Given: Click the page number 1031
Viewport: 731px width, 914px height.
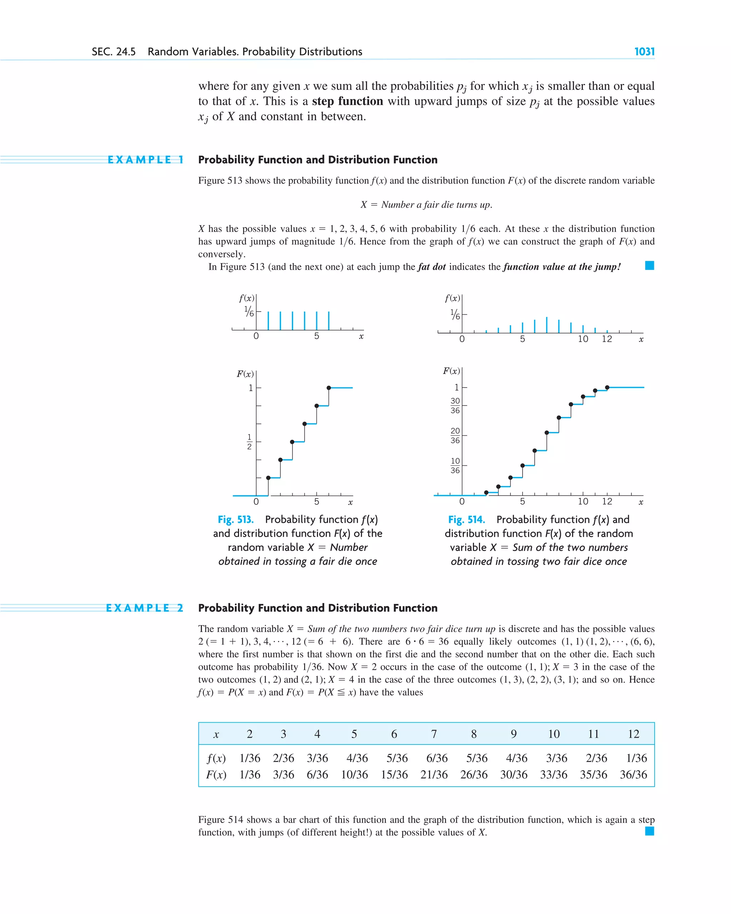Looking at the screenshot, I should click(644, 52).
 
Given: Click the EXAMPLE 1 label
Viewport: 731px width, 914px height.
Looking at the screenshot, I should click(145, 160).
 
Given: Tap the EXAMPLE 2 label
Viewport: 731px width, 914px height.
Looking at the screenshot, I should click(145, 608).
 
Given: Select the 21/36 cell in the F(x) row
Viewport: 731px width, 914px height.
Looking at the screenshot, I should click(434, 774).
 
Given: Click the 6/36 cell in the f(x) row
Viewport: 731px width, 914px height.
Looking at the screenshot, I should click(437, 758).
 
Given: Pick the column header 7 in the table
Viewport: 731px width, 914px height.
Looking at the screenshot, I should click(434, 734).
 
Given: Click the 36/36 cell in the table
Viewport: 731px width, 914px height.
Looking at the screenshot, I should click(633, 774).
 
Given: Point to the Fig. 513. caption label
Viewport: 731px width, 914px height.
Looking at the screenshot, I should click(235, 519).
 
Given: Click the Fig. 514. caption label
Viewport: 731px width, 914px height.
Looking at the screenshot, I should click(467, 519).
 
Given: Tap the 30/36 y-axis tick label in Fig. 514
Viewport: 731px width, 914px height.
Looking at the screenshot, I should click(455, 406).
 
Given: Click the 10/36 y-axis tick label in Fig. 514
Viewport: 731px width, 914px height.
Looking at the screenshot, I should click(455, 465).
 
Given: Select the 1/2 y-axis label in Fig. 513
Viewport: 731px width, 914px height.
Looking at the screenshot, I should click(249, 442).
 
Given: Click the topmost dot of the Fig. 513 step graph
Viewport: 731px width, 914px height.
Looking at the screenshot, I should click(329, 388).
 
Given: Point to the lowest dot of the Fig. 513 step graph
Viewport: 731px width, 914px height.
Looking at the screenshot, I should click(268, 478).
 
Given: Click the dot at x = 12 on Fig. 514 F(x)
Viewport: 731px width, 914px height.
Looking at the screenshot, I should click(607, 388).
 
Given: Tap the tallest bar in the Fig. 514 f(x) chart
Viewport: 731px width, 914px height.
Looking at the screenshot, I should click(546, 325).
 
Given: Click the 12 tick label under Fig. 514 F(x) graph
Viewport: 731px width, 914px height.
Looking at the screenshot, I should click(607, 501).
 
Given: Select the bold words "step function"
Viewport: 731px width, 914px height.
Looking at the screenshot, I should click(347, 101).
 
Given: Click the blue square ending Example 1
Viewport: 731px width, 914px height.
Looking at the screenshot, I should click(649, 266).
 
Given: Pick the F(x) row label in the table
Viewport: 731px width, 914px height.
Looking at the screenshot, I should click(216, 774).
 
